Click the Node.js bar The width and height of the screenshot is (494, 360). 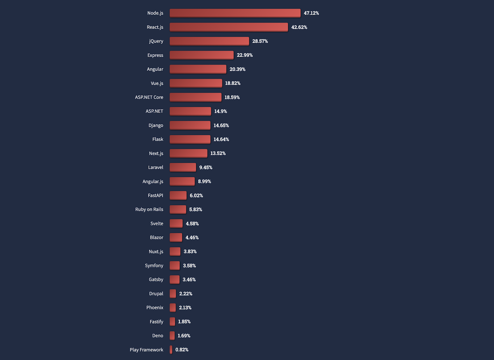pyautogui.click(x=235, y=13)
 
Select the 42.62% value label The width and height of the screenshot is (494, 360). pyautogui.click(x=299, y=27)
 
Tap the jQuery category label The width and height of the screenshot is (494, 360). pyautogui.click(x=156, y=41)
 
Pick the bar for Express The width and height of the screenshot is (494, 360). pyautogui.click(x=201, y=55)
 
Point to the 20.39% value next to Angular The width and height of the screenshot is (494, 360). pyautogui.click(x=237, y=69)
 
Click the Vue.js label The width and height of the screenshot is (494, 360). pyautogui.click(x=157, y=83)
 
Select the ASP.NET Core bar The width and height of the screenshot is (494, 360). pyautogui.click(x=195, y=97)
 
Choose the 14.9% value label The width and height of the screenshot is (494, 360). pyautogui.click(x=220, y=111)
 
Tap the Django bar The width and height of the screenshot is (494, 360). pyautogui.click(x=190, y=125)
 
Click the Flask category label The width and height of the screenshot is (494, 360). pyautogui.click(x=157, y=139)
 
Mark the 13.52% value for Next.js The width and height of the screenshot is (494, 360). pyautogui.click(x=218, y=153)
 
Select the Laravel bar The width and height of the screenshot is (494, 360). pyautogui.click(x=182, y=167)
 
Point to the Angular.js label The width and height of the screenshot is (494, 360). pyautogui.click(x=153, y=181)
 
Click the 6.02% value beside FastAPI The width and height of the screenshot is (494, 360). pyautogui.click(x=196, y=196)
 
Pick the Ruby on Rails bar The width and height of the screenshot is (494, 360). pyautogui.click(x=178, y=209)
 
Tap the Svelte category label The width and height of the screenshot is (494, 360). pyautogui.click(x=157, y=223)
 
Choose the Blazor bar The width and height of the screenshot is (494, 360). pyautogui.click(x=176, y=237)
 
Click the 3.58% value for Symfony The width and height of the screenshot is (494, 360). pyautogui.click(x=189, y=265)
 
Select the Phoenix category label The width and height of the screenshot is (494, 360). pyautogui.click(x=155, y=307)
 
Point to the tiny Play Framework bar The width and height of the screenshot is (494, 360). pyautogui.click(x=171, y=349)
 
